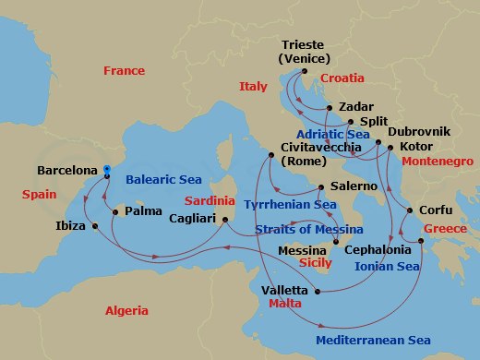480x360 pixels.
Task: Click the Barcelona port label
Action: tap(67, 171)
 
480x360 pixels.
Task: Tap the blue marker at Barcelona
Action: tap(107, 170)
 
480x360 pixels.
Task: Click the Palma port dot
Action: tap(114, 211)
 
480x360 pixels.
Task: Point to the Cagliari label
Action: tap(192, 219)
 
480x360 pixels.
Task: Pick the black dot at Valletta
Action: tap(318, 292)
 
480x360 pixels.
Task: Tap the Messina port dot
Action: tap(334, 239)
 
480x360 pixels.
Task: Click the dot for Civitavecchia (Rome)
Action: tap(270, 155)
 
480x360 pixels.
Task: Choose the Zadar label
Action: tap(355, 106)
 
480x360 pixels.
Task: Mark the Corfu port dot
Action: tap(405, 210)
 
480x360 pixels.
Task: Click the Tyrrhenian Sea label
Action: tap(296, 204)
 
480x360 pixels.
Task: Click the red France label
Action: tap(124, 71)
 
